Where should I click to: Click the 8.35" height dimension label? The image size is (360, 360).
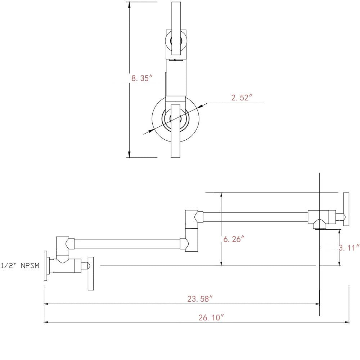tap(143, 78)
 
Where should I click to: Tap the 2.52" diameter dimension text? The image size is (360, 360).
tap(240, 98)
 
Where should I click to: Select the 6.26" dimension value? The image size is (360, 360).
tap(234, 239)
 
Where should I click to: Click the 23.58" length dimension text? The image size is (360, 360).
tap(200, 298)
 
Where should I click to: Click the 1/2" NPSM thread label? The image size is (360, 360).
tap(19, 266)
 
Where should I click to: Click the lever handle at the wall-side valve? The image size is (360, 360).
tap(91, 273)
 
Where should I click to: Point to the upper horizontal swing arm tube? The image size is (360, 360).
tap(256, 217)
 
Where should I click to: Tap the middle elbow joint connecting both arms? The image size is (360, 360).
tap(191, 230)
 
